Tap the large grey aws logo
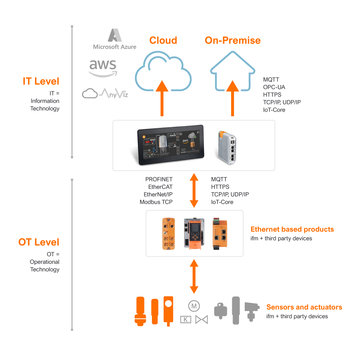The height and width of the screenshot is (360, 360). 103,68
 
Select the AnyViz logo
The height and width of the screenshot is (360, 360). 105,94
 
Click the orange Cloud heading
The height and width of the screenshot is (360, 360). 163,40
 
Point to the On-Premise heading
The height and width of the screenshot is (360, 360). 233,40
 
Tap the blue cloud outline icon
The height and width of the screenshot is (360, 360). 163,72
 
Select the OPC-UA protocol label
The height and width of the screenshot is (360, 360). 274,87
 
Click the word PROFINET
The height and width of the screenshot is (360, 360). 159,179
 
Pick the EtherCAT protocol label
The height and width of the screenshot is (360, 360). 160,187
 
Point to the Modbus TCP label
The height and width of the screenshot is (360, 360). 156,202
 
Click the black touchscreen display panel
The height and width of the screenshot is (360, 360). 171,145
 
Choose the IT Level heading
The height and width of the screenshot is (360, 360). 41,81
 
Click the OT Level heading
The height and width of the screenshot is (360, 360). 39,242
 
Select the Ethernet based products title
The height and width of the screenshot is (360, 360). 292,229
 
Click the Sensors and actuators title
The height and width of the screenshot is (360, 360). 304,307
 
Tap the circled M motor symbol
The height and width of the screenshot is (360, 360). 194,306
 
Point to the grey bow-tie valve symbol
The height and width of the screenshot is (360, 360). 202,319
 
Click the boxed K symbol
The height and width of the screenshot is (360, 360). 186,319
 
